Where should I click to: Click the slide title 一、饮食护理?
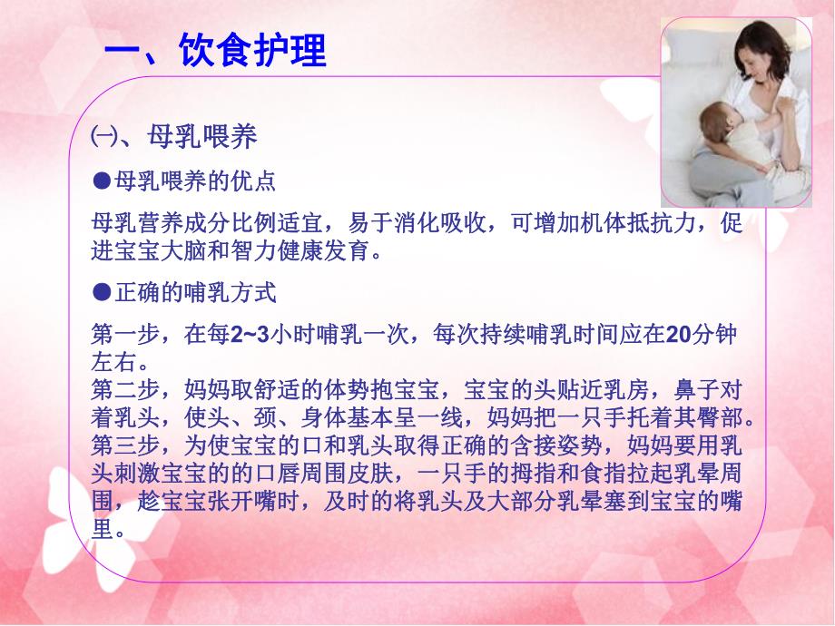[215, 51]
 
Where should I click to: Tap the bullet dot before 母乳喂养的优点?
[101, 181]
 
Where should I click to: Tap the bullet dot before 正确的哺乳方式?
[101, 292]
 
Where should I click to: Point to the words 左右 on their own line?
[113, 362]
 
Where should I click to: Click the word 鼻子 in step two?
[700, 390]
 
